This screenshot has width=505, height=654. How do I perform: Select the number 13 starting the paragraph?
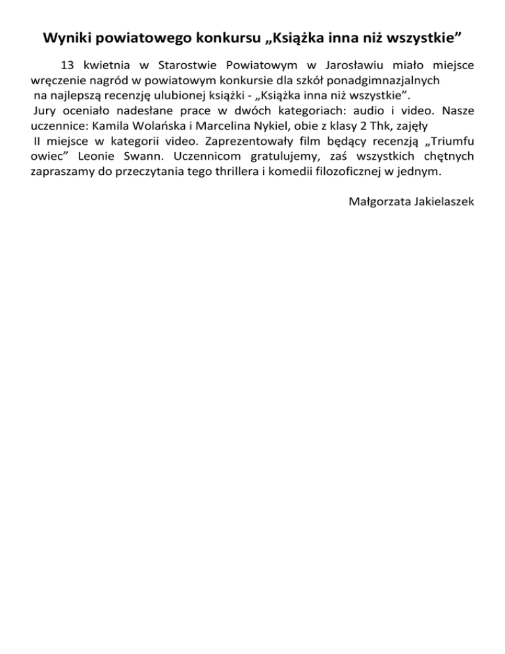(x=67, y=66)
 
